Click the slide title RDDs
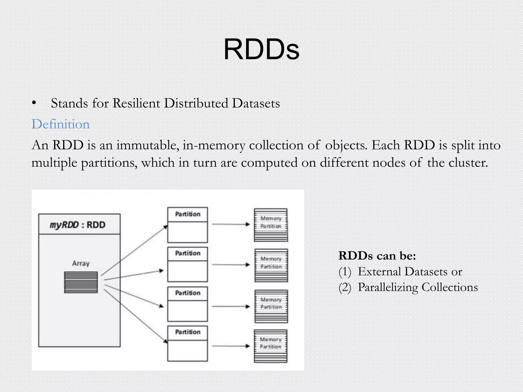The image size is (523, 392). pyautogui.click(x=261, y=49)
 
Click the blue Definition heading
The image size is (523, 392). pyautogui.click(x=61, y=124)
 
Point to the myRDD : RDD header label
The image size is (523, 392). pyautogui.click(x=77, y=225)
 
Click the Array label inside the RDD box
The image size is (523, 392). pyautogui.click(x=81, y=263)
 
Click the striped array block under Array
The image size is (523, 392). pyautogui.click(x=81, y=282)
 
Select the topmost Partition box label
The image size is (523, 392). pyautogui.click(x=188, y=214)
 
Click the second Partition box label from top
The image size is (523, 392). pyautogui.click(x=188, y=253)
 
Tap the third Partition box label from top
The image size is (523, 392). pyautogui.click(x=188, y=293)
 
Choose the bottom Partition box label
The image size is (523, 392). pyautogui.click(x=188, y=332)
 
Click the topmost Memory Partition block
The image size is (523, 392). pyautogui.click(x=271, y=225)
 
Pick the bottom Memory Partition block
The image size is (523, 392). pyautogui.click(x=270, y=346)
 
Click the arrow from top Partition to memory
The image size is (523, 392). pyautogui.click(x=231, y=224)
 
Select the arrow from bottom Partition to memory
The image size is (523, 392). pyautogui.click(x=231, y=346)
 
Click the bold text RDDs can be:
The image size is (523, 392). pyautogui.click(x=377, y=255)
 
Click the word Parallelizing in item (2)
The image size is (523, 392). pyautogui.click(x=388, y=287)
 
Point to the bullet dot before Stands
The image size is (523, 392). pyautogui.click(x=34, y=103)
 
